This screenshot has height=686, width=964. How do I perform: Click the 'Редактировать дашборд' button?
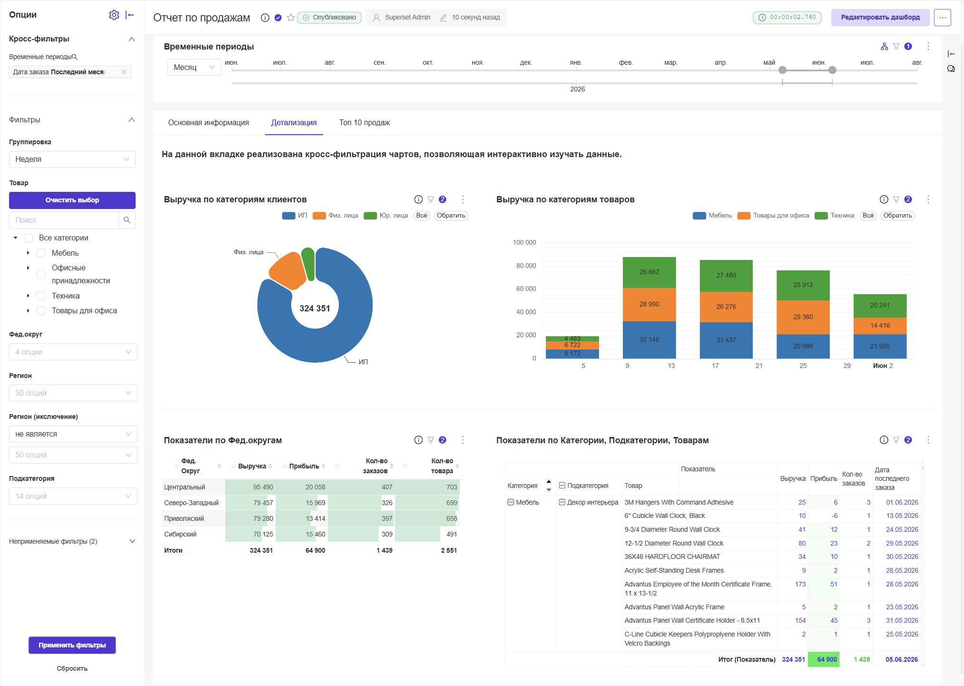click(880, 18)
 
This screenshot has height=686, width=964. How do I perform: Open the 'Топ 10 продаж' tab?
click(364, 123)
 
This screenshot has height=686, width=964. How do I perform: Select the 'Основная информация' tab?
click(208, 123)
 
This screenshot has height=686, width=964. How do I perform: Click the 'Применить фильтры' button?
click(72, 645)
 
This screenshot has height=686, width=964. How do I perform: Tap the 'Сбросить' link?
click(72, 668)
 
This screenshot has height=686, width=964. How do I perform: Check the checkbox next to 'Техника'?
click(41, 296)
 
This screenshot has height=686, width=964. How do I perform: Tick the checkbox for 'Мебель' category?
click(41, 253)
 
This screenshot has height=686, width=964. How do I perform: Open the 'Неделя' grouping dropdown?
click(72, 159)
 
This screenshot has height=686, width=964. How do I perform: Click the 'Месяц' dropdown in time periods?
click(194, 68)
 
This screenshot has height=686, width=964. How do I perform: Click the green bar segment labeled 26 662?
click(649, 272)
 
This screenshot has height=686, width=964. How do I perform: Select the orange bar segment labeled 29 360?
click(803, 317)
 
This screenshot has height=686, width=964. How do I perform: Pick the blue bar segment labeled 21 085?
click(880, 346)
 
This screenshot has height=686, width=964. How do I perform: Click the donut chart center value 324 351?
click(315, 308)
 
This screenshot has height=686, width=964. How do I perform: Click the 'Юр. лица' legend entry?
click(386, 216)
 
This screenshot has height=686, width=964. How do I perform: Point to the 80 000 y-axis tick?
click(526, 266)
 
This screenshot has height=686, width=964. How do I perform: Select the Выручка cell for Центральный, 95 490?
click(263, 487)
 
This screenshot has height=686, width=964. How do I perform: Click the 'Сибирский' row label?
click(180, 534)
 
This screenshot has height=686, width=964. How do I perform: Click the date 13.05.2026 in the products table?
click(902, 516)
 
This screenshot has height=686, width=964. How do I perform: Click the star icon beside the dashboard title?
click(291, 18)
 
